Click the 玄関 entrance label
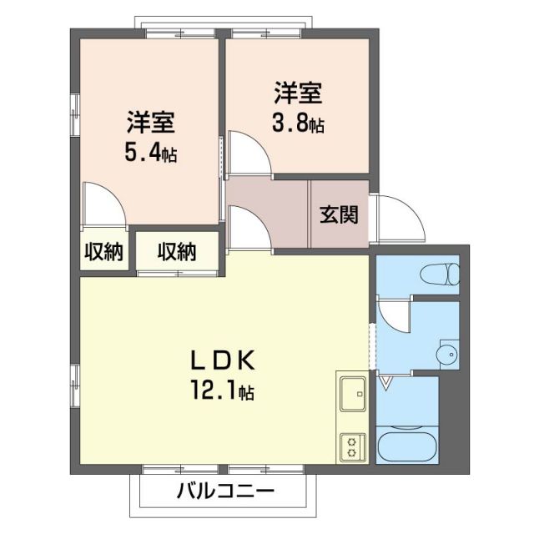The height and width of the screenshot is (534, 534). (x=339, y=214)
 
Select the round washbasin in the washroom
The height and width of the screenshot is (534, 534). (x=448, y=356)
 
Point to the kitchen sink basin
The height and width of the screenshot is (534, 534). (x=351, y=393)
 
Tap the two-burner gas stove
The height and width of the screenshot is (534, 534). (x=350, y=446)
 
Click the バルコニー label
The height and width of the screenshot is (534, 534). (x=225, y=491)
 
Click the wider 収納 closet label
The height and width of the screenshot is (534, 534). (x=178, y=252)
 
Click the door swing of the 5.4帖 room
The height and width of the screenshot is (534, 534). (x=104, y=205)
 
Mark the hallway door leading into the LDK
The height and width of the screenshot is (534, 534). (x=248, y=227)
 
